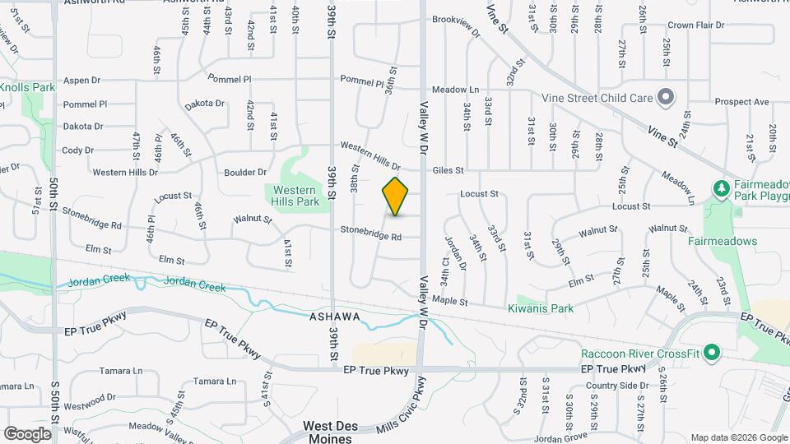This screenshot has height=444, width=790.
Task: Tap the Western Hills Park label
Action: tap(291, 196)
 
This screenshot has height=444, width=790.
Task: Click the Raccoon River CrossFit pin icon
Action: tap(712, 354)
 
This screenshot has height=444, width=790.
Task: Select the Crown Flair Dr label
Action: tap(696, 25)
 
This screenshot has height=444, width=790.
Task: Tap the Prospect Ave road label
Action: tap(741, 102)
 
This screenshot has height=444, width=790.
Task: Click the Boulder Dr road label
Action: tap(245, 173)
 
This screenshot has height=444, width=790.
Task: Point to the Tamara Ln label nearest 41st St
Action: tap(215, 382)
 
